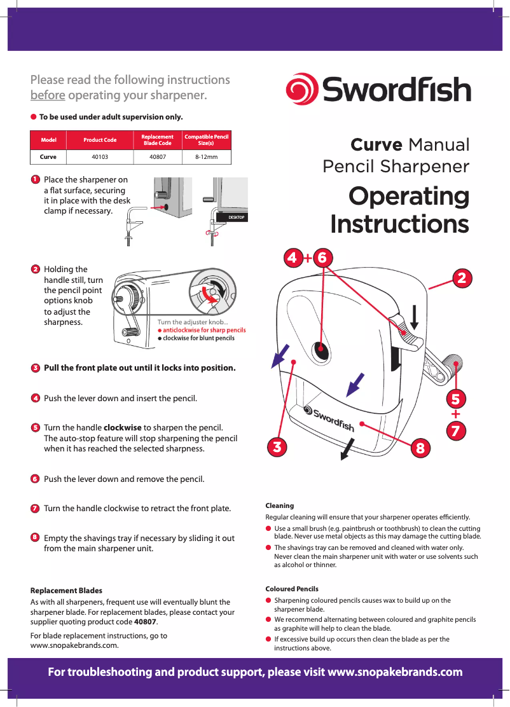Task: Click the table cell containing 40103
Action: coord(100,156)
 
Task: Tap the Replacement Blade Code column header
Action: coord(157,140)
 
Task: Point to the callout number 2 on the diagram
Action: coord(462,278)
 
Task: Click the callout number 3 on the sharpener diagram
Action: coord(275,446)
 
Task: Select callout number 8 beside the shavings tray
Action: coord(419,448)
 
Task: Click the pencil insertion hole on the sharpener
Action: coord(321,349)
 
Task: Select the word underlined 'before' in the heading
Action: coord(48,95)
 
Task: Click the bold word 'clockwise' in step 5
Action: coord(122,427)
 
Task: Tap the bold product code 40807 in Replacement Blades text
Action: coord(145,621)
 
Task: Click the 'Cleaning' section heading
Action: coord(279,505)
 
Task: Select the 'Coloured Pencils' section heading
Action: coord(291,589)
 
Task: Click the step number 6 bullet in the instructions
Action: coord(35,478)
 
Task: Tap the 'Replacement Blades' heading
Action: coord(66,591)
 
